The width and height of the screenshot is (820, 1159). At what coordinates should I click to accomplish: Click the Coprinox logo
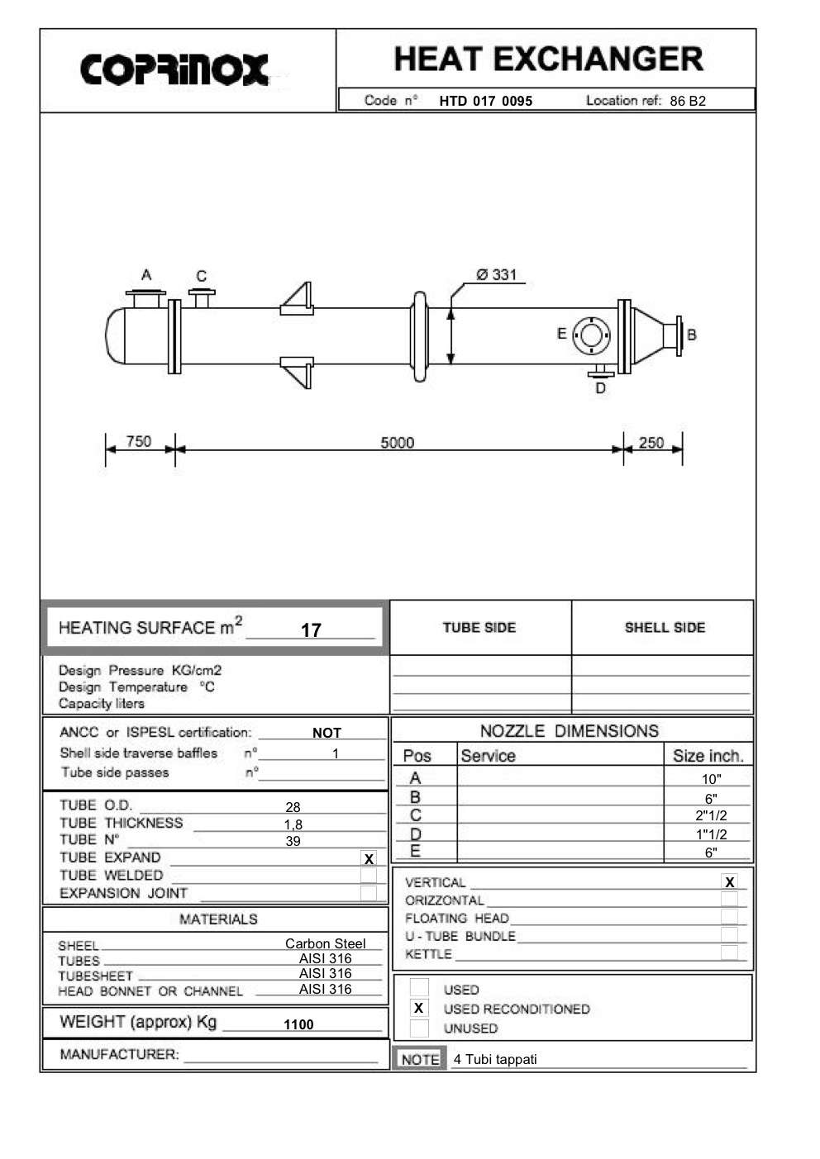[x=174, y=69]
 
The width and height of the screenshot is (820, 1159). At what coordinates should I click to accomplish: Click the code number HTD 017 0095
[x=485, y=102]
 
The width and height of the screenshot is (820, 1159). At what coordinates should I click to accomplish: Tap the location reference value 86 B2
[x=688, y=102]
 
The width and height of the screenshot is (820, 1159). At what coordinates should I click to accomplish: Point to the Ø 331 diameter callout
[x=496, y=275]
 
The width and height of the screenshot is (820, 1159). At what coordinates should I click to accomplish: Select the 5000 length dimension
[x=397, y=443]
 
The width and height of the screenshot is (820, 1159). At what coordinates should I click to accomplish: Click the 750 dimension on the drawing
[x=139, y=441]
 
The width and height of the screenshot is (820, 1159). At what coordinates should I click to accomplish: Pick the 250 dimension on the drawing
[x=651, y=443]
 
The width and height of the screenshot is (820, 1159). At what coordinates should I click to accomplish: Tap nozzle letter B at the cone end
[x=692, y=335]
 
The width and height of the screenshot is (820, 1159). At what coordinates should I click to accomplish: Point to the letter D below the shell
[x=601, y=388]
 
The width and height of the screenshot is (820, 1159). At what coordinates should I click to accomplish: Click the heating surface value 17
[x=311, y=630]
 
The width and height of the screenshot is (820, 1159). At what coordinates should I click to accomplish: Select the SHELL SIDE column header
[x=665, y=628]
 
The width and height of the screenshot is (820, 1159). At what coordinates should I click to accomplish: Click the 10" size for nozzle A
[x=711, y=779]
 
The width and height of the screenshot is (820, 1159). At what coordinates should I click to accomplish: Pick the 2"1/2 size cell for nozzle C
[x=711, y=816]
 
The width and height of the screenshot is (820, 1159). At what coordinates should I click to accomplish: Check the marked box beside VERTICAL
[x=729, y=882]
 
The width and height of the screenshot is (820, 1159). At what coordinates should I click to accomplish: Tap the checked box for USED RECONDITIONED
[x=419, y=1009]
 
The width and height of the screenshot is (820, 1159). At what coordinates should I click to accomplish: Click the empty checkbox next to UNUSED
[x=419, y=1028]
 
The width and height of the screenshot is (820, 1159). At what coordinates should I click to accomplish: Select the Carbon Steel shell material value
[x=325, y=943]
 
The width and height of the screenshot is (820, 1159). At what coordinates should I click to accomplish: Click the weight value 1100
[x=298, y=1024]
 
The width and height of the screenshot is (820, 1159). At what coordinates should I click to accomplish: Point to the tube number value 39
[x=293, y=841]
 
